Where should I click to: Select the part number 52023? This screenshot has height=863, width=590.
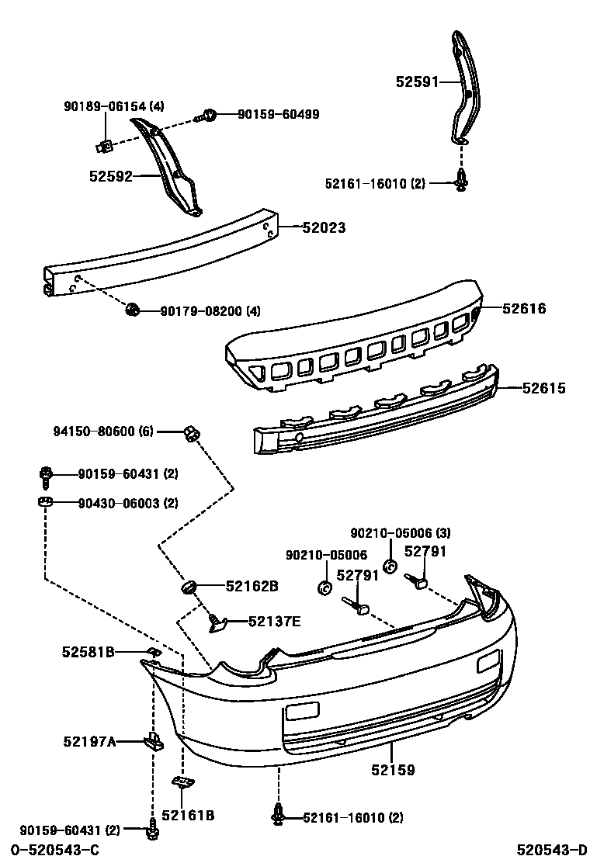coord(324,228)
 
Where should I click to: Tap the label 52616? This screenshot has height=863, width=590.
coord(524,309)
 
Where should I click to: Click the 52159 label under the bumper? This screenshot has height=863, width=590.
coord(392,771)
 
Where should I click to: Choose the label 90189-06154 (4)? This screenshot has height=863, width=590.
coord(113,106)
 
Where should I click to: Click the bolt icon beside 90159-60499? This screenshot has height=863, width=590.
coord(209,116)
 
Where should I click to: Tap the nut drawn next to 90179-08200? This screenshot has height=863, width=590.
coord(131,311)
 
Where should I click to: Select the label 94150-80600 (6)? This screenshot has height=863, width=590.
coord(104,431)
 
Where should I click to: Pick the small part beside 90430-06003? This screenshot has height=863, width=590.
coord(45,502)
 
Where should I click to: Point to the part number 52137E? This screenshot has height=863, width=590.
coord(275,621)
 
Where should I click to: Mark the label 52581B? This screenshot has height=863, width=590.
coord(88,653)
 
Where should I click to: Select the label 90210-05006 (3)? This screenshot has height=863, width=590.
coord(400,533)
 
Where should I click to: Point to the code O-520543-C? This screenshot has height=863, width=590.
coord(54,851)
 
